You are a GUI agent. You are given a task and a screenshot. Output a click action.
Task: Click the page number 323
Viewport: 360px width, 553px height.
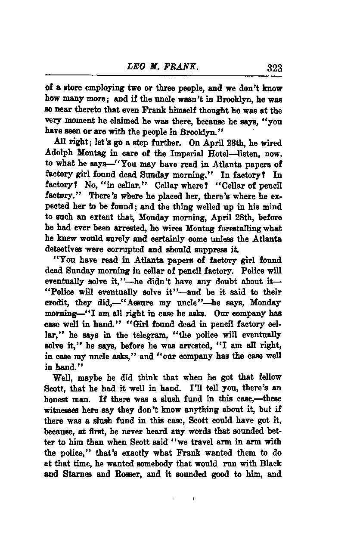click(274, 68)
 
